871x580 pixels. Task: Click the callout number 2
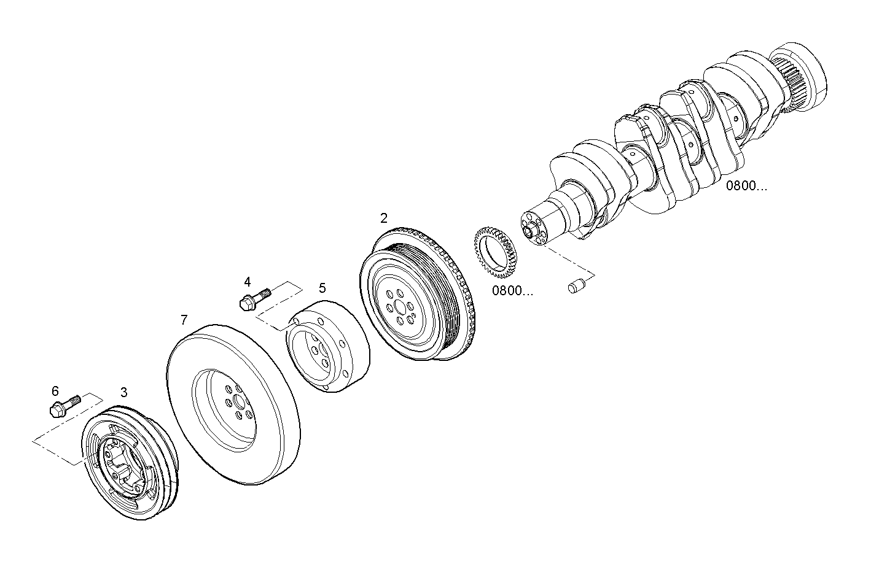coord(384,218)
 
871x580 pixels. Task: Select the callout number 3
coord(124,392)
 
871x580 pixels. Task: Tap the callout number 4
coord(247,282)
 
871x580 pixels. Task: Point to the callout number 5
coord(322,287)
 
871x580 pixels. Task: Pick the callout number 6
coord(55,391)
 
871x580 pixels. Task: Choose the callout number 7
coord(184,320)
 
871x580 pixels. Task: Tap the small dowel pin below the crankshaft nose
coord(576,286)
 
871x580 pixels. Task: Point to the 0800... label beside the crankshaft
coord(747,186)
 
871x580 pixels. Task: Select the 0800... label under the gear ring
coord(512,290)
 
